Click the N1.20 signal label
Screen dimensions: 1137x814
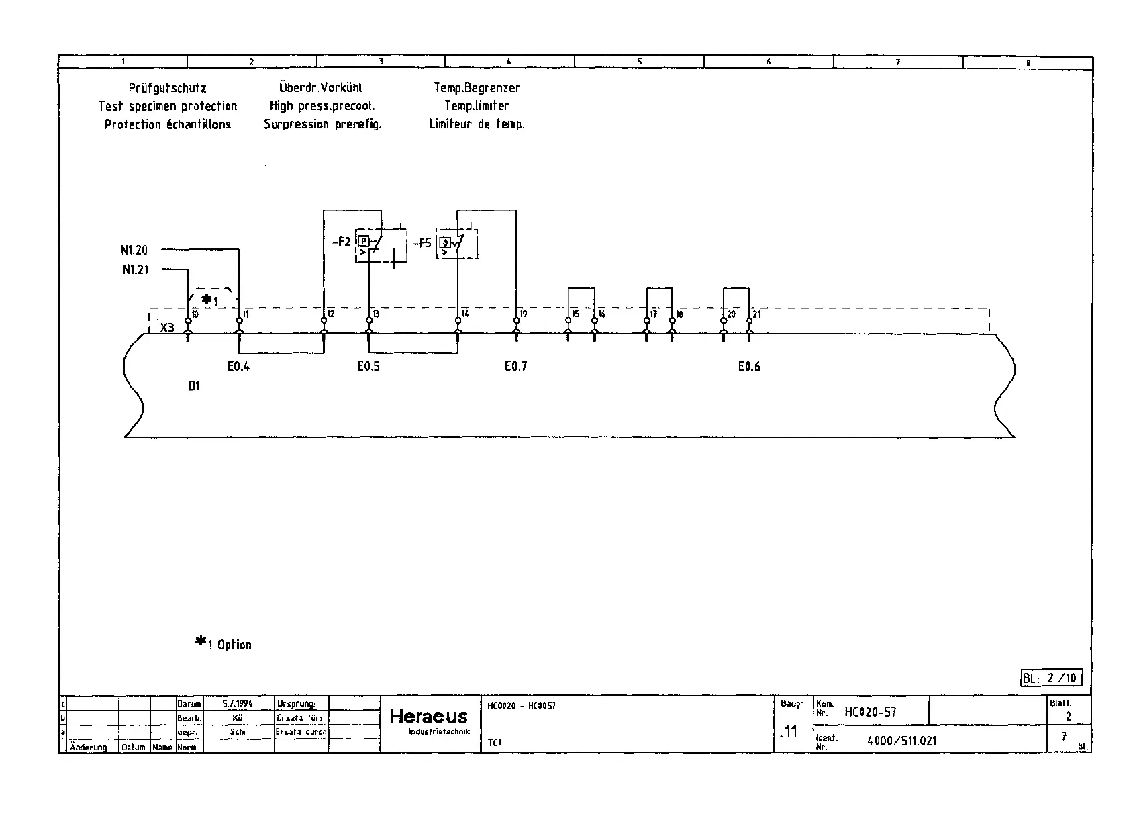click(134, 251)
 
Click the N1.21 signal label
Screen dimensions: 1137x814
click(136, 270)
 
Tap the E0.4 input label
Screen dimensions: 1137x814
click(238, 367)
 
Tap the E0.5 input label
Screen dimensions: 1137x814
click(368, 367)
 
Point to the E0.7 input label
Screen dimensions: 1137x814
click(515, 367)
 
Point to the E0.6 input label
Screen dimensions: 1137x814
click(749, 367)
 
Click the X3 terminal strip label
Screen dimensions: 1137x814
click(167, 328)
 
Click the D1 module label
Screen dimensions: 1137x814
click(194, 386)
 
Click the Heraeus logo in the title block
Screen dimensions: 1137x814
click(429, 717)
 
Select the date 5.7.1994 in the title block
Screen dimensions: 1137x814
click(238, 704)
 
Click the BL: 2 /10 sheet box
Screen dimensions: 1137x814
click(1051, 678)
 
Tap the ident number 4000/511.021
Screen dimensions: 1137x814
click(902, 741)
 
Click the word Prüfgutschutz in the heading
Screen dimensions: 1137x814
click(168, 88)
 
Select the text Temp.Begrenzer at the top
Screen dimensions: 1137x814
click(477, 88)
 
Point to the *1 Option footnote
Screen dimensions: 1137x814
click(224, 644)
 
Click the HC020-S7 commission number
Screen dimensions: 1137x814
click(870, 712)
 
